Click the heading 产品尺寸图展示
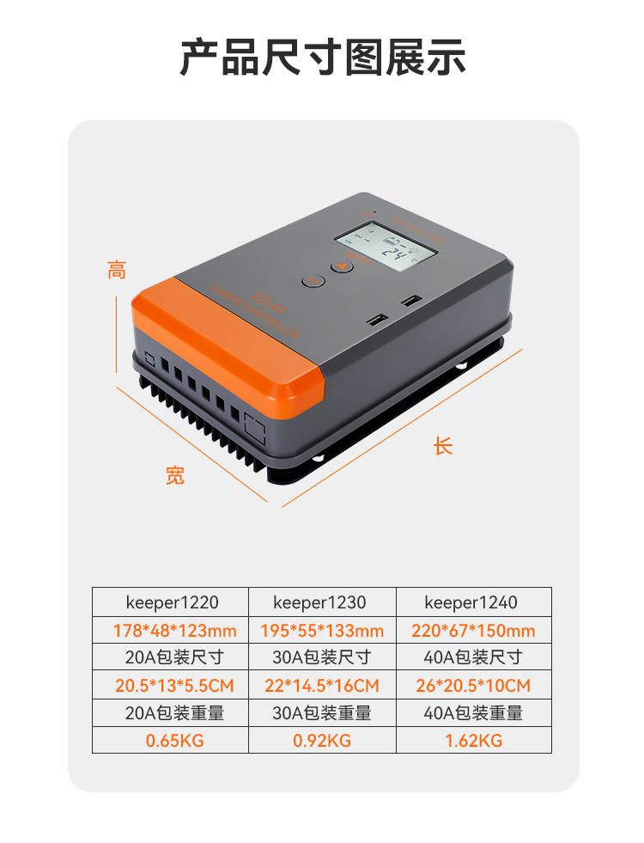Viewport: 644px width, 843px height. coord(322,57)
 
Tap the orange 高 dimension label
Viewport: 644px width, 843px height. coord(117,270)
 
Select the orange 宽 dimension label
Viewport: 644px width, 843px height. coord(175,475)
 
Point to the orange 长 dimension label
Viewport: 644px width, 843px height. coord(442,447)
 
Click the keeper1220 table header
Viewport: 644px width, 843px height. coord(170,602)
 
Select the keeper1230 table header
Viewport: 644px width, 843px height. coord(322,602)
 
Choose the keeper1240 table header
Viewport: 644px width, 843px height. coord(473,602)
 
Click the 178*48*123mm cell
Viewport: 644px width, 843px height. coord(170,631)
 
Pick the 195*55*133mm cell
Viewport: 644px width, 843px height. coord(322,631)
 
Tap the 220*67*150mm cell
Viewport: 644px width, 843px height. coord(473,631)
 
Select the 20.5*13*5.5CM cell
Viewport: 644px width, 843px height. coord(170,686)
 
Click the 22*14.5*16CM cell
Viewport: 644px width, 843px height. coord(322,686)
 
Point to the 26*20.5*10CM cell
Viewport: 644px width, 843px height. coord(473,686)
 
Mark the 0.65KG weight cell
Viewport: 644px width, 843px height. coord(170,741)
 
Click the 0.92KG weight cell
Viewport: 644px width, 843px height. coord(322,741)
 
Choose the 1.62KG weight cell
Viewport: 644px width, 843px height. coord(473,741)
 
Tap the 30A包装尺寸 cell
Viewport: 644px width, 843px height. coord(322,658)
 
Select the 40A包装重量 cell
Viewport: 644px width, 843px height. coord(473,713)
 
